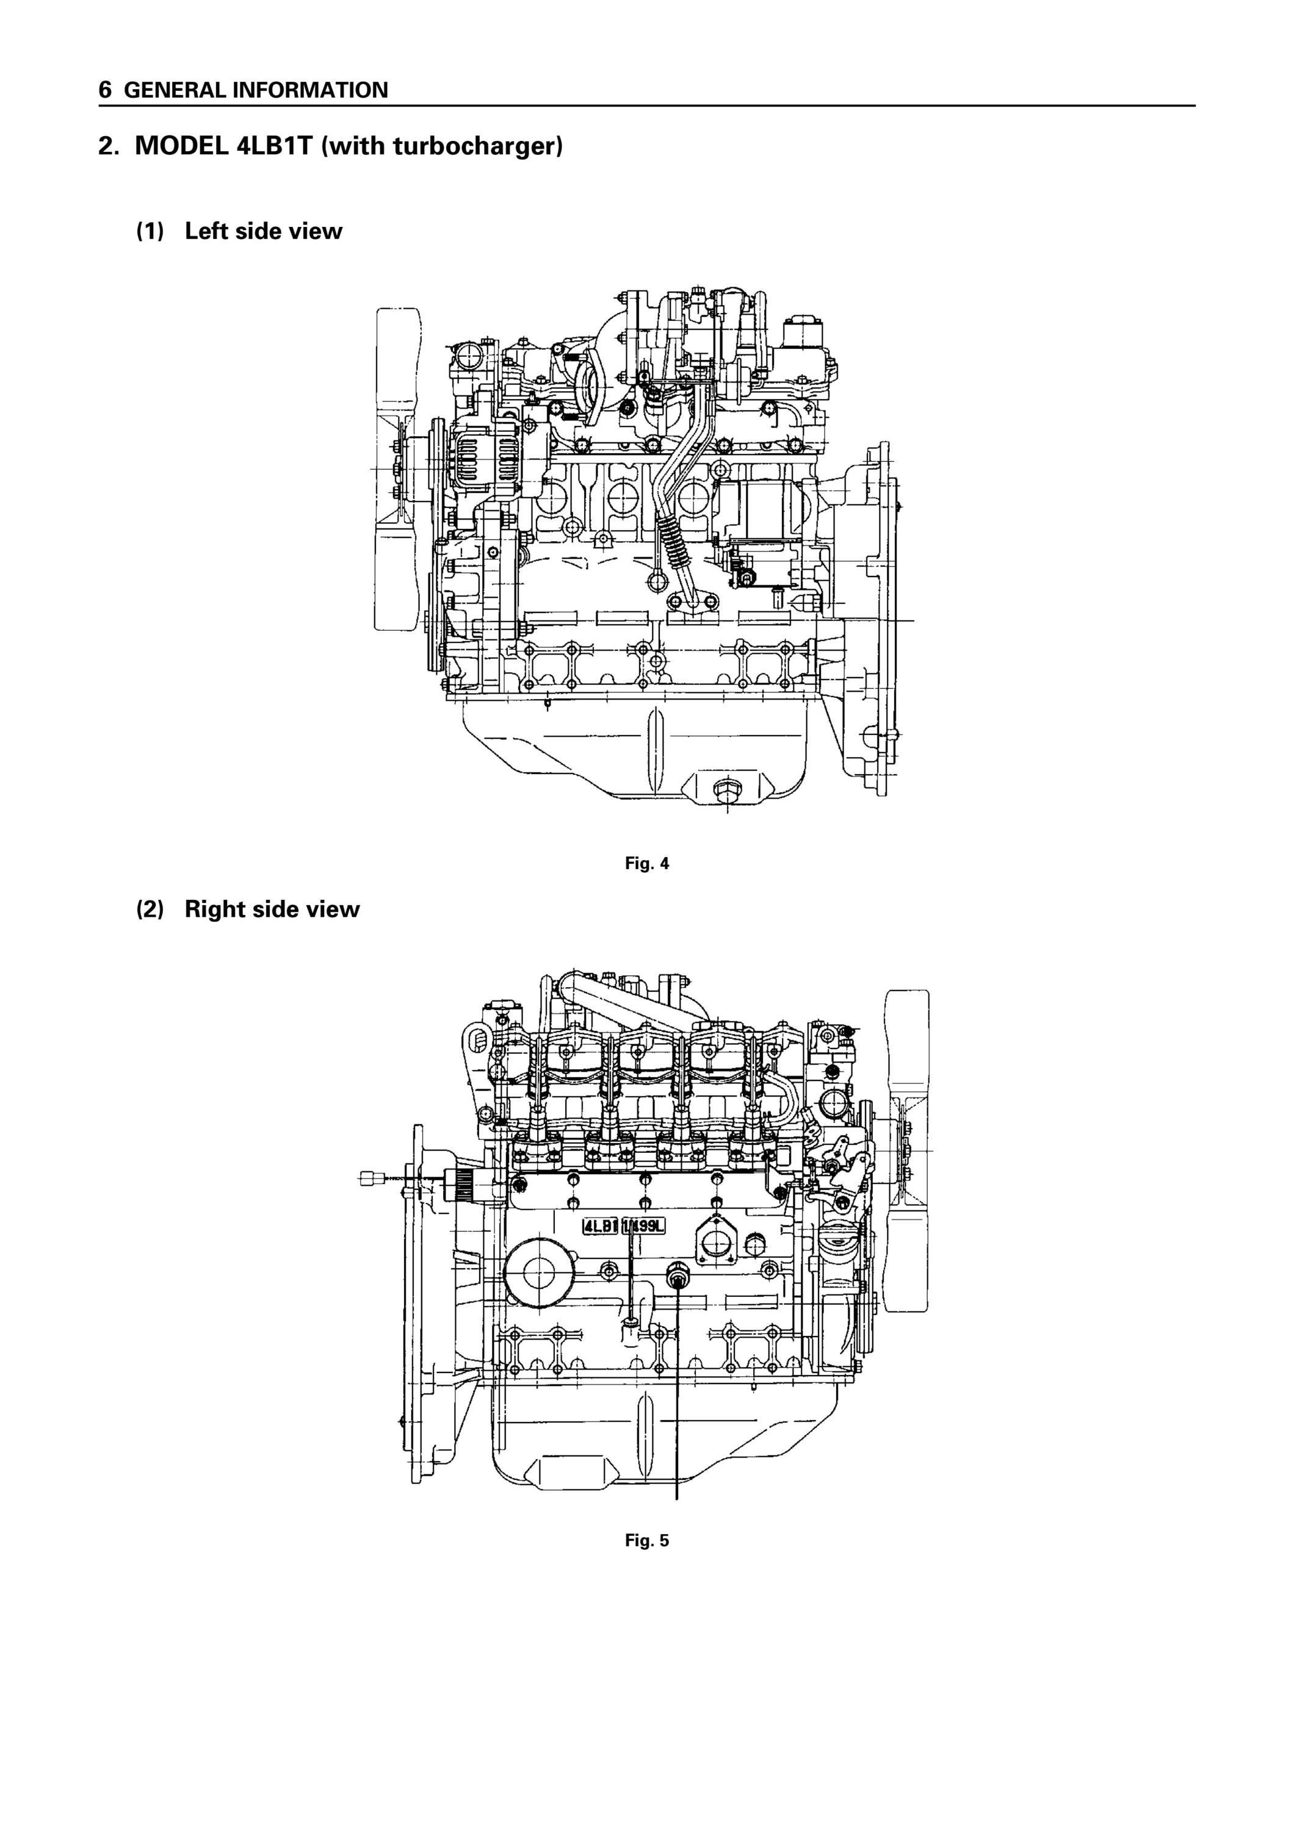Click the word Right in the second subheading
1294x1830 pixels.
(x=215, y=910)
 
